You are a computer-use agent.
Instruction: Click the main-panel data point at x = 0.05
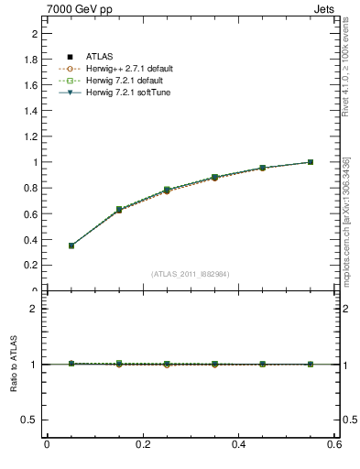tap(71, 245)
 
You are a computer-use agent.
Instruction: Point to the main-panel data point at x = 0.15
tap(119, 210)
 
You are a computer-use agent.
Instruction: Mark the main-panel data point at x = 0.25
tap(167, 190)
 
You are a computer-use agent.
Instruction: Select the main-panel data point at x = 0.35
tap(214, 177)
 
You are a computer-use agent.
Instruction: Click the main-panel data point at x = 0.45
tap(262, 168)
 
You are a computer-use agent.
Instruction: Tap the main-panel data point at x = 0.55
tap(311, 162)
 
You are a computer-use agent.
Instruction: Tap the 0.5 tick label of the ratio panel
tap(29, 420)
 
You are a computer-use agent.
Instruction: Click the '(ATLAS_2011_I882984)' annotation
tap(191, 274)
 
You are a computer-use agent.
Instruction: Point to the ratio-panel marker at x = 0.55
tap(311, 364)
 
